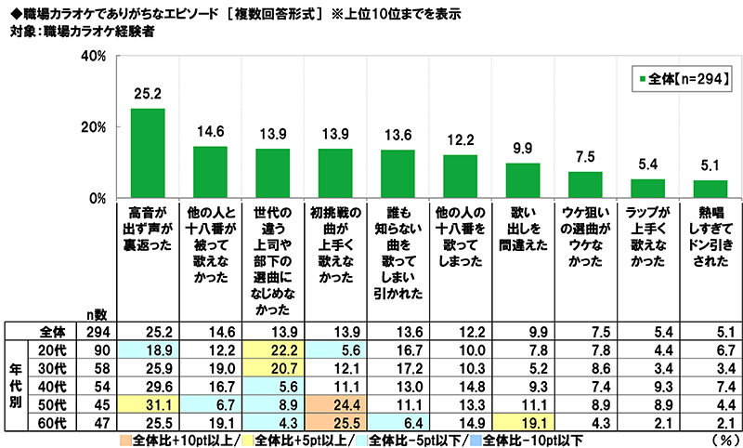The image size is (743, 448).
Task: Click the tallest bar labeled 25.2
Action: coord(147,153)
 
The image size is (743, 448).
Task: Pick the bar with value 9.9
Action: coord(522,180)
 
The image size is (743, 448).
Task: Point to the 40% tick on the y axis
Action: coord(92,57)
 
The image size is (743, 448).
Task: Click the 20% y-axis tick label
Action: coord(92,127)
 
